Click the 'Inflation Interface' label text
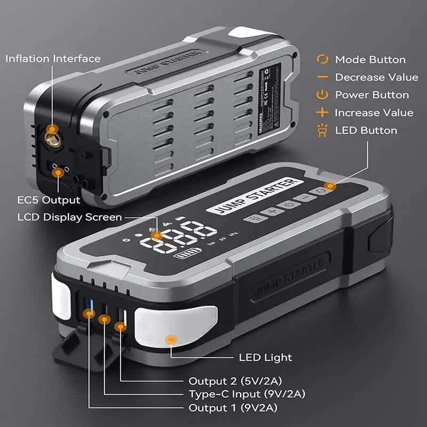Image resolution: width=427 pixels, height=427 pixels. tap(53, 58)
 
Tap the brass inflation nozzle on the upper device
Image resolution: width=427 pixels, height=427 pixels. tap(52, 130)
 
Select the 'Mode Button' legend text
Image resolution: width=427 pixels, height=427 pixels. tap(370, 60)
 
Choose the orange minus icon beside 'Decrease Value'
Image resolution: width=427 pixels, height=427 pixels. tap(322, 77)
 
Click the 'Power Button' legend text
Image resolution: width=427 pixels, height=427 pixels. tap(371, 95)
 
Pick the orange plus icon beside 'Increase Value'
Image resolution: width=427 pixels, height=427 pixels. tap(322, 113)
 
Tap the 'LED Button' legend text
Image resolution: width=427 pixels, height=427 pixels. tap(366, 130)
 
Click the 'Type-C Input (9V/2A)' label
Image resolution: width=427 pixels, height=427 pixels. tap(248, 394)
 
